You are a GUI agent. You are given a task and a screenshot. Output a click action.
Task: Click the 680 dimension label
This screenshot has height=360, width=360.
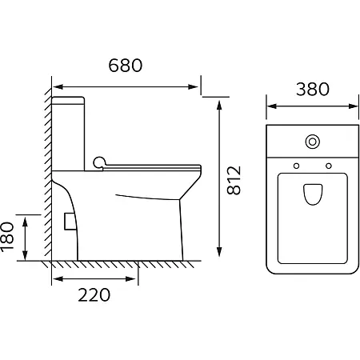click(x=126, y=66)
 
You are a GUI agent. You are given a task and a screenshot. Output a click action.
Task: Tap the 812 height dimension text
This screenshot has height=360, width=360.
click(x=234, y=180)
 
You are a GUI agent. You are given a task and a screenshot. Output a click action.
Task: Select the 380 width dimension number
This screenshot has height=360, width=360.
click(x=313, y=89)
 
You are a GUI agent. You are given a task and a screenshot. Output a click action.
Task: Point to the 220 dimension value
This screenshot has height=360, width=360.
click(x=94, y=294)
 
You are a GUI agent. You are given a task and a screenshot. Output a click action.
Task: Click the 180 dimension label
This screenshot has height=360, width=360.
click(x=7, y=236)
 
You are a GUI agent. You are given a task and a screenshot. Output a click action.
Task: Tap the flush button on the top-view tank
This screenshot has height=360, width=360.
click(x=313, y=142)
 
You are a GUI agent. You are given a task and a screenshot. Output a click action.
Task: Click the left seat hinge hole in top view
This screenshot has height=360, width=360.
click(x=296, y=166)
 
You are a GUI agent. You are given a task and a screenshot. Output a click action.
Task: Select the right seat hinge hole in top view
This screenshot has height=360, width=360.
click(x=329, y=166)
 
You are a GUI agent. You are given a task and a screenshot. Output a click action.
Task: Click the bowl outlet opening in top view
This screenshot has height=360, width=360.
click(x=313, y=194)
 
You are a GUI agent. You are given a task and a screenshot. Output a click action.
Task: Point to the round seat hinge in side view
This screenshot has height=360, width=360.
click(x=99, y=162)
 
